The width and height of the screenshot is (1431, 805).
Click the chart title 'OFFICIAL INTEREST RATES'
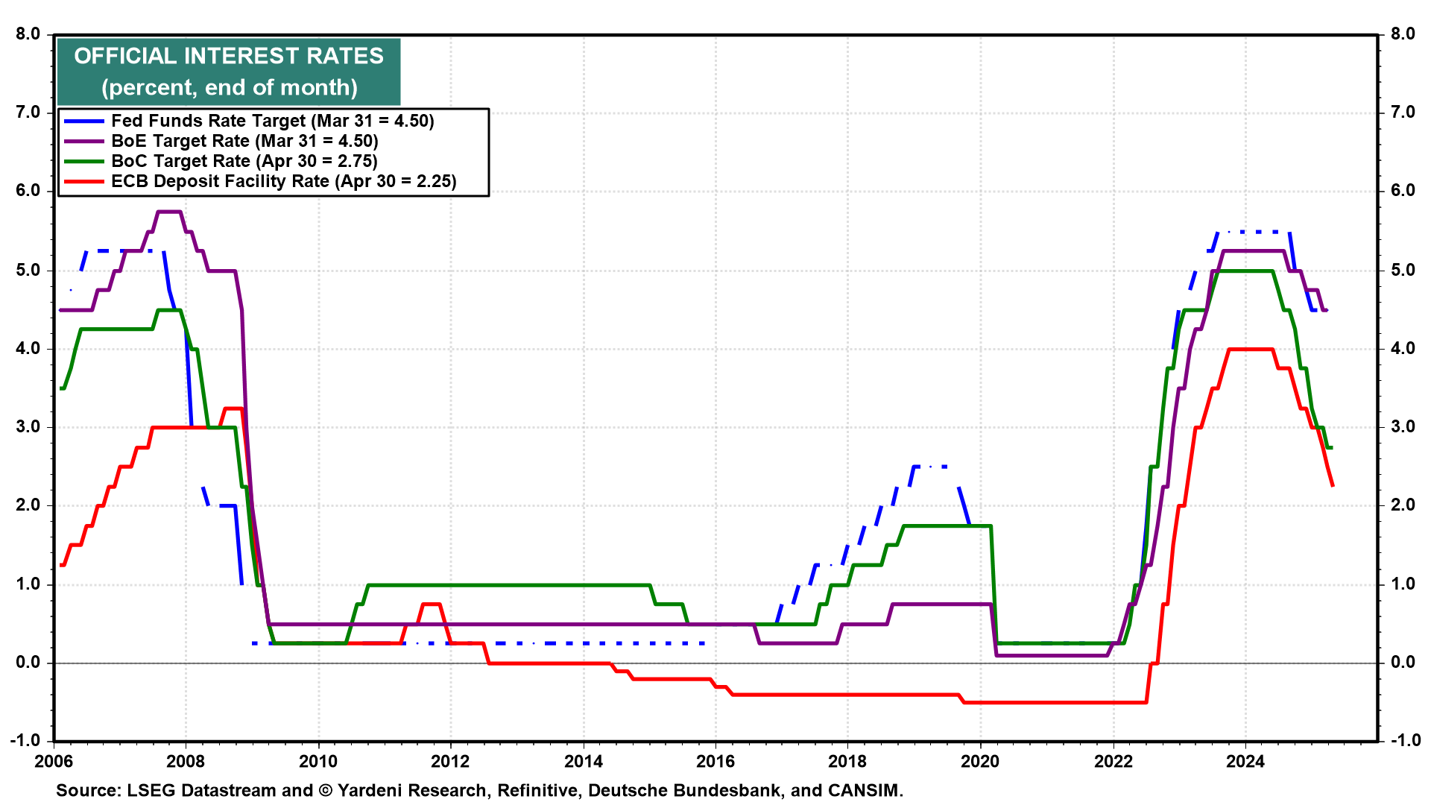click(229, 56)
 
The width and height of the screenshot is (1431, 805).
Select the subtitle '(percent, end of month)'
click(230, 87)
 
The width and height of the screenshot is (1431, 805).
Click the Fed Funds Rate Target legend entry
click(272, 121)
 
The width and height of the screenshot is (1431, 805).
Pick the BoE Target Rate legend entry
click(244, 141)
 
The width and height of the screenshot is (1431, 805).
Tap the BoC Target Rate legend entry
click(244, 161)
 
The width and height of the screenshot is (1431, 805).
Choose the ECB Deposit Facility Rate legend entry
click(283, 181)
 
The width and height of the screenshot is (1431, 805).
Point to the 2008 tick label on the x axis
click(186, 761)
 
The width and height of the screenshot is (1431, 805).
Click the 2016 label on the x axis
click(715, 761)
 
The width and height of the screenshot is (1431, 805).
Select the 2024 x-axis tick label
click(1245, 761)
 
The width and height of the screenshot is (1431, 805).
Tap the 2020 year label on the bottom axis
click(980, 761)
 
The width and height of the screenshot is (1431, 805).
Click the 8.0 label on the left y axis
click(28, 34)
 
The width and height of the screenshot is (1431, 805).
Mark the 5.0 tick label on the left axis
click(28, 270)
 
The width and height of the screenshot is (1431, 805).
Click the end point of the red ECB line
click(1333, 486)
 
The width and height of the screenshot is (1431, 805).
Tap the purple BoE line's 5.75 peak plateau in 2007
click(169, 212)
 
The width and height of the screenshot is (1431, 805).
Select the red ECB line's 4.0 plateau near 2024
click(1250, 349)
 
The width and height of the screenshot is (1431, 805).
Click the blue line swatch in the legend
click(84, 121)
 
